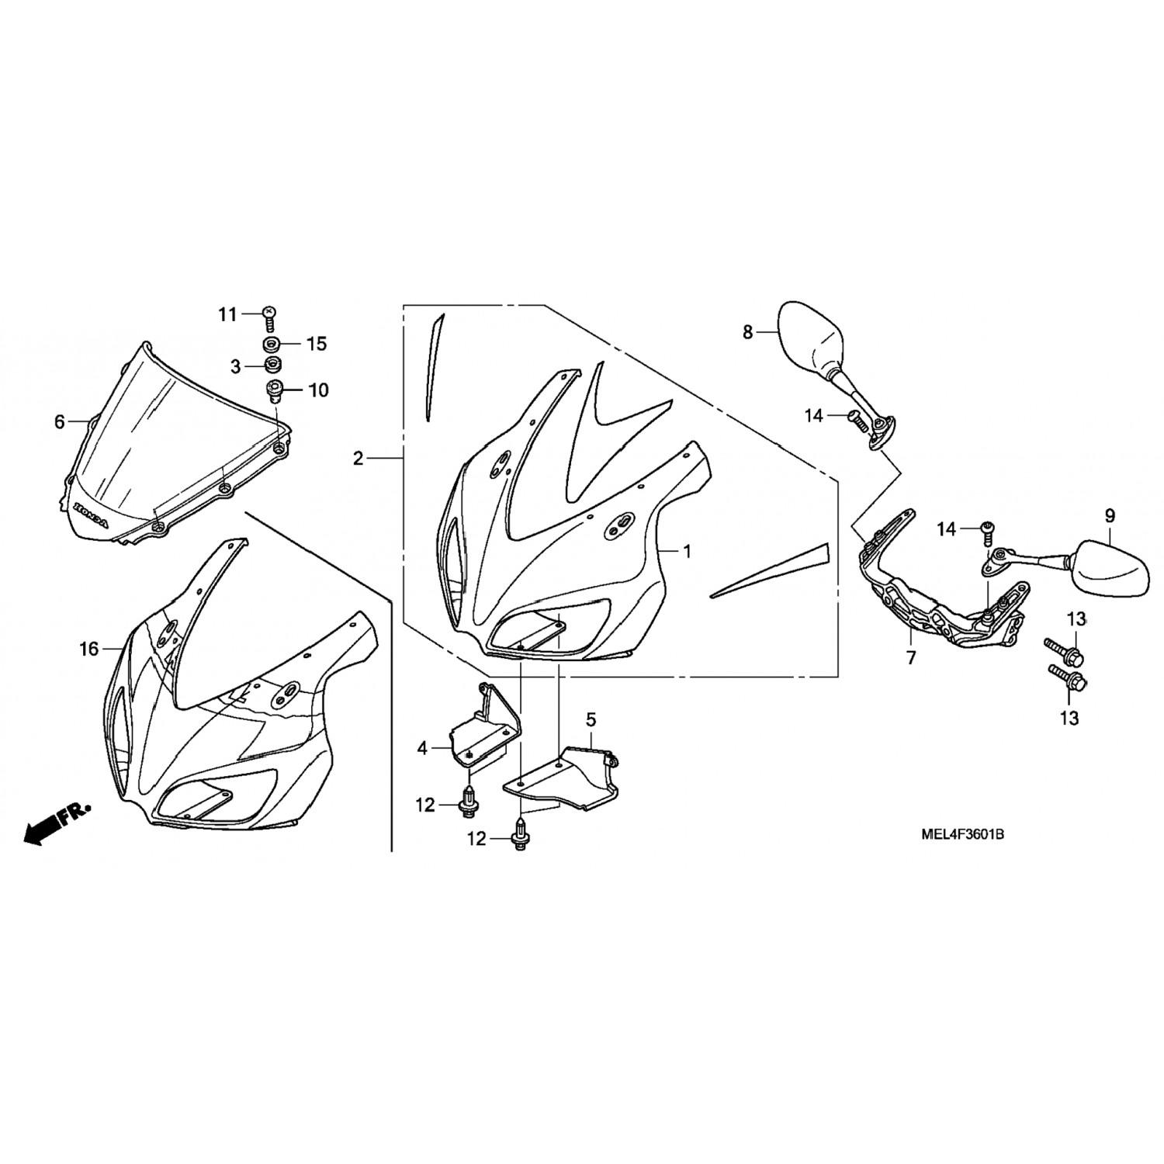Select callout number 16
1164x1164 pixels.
pos(89,649)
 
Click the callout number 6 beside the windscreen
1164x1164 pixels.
pos(60,422)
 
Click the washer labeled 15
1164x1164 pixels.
pos(271,343)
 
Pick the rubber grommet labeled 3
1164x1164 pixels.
pos(271,365)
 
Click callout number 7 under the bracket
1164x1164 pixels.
pos(910,658)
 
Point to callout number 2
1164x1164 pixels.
pos(358,459)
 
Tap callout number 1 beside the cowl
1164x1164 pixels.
pos(687,552)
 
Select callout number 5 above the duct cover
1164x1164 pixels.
pos(591,720)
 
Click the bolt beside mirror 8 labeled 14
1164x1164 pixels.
pos(857,418)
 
